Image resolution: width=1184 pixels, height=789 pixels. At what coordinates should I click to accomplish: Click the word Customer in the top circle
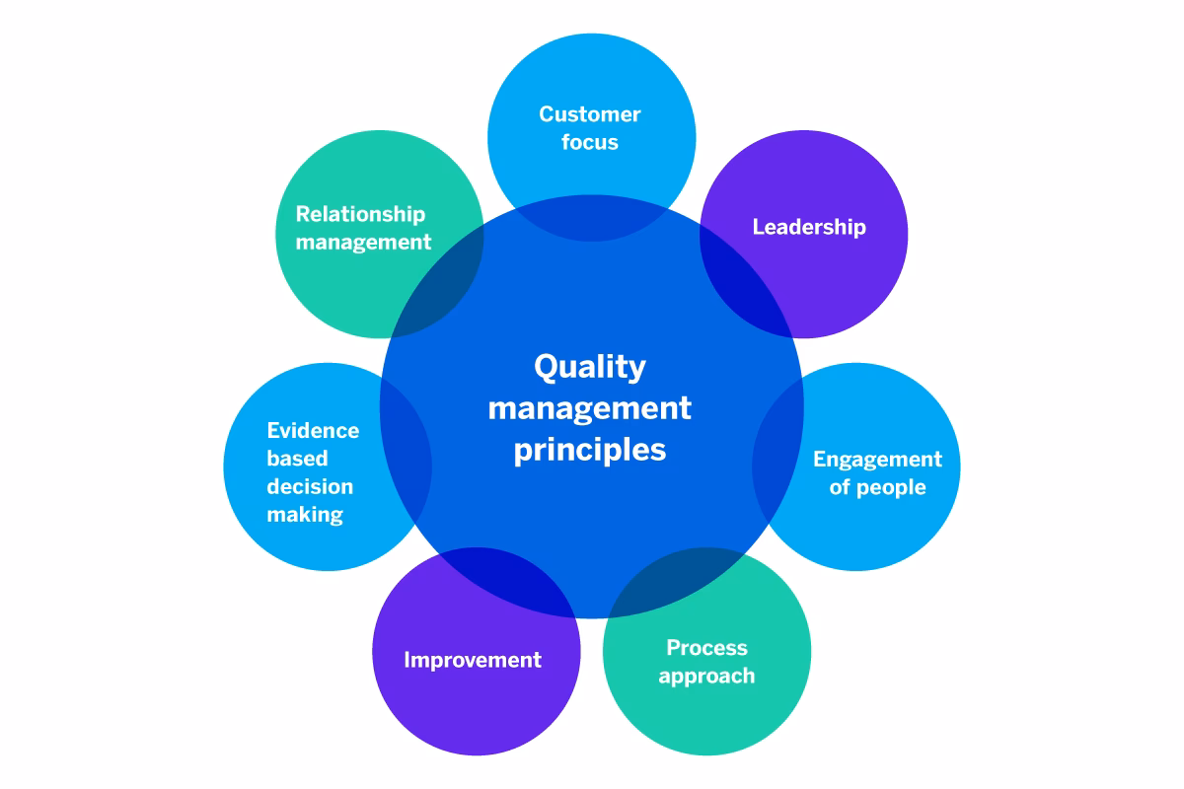[589, 114]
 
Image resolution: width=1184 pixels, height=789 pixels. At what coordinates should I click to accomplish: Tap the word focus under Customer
[589, 142]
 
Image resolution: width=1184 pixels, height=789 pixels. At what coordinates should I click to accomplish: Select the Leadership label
[809, 227]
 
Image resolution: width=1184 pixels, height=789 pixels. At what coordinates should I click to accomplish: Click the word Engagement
[877, 460]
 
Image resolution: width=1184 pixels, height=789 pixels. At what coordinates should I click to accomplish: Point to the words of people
[877, 487]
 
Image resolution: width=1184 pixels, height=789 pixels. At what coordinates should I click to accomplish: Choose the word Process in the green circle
[706, 648]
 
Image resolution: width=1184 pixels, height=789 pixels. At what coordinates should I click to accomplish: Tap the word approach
[706, 677]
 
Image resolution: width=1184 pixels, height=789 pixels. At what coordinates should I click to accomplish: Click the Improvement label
[473, 660]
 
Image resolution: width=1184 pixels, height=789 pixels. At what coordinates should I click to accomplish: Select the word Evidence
[313, 431]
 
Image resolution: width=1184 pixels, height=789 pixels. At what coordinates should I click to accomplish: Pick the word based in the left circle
[297, 459]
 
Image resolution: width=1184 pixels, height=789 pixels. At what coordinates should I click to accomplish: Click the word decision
[310, 486]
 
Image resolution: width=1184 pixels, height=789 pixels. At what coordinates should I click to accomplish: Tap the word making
[305, 514]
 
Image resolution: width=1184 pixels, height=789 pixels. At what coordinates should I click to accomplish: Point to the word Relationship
[361, 214]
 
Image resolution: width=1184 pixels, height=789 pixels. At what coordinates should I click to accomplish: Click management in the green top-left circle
[363, 242]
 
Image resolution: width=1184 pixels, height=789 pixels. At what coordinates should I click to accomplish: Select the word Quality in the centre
[590, 367]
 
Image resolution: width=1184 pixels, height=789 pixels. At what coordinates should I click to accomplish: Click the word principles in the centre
[590, 450]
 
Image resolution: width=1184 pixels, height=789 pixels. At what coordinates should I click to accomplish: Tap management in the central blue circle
[590, 407]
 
